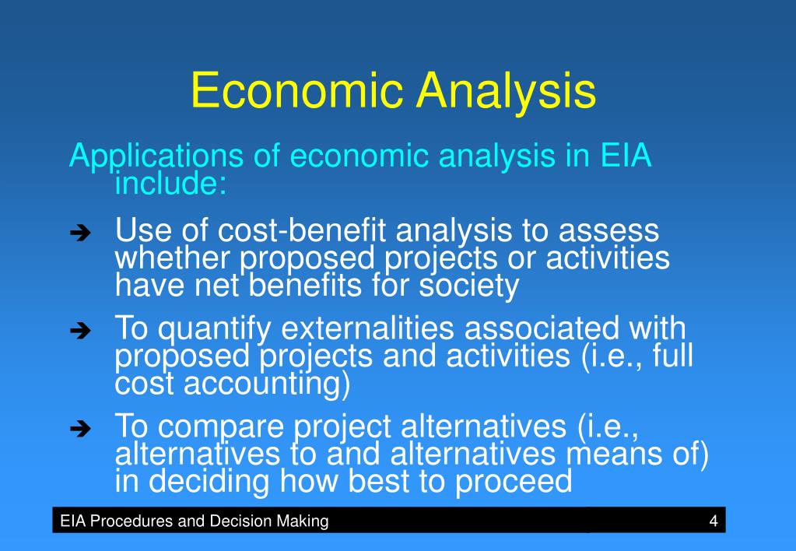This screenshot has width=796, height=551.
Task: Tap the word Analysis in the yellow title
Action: [x=506, y=92]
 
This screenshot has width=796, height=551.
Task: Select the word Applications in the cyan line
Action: [x=156, y=156]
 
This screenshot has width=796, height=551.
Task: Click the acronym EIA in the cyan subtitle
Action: [x=626, y=156]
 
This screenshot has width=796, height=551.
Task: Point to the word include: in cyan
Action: [x=170, y=183]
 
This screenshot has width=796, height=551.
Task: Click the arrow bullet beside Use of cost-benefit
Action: [x=80, y=233]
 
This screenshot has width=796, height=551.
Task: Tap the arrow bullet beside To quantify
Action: [x=80, y=331]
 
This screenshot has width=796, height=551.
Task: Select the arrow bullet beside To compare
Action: [x=80, y=429]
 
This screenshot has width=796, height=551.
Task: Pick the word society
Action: [x=469, y=286]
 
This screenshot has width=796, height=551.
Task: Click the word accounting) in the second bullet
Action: [x=267, y=384]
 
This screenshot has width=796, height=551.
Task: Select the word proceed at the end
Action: [x=514, y=482]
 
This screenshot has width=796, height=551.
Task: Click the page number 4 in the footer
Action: [x=714, y=521]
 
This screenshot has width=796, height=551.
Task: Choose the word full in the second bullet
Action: [x=672, y=355]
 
